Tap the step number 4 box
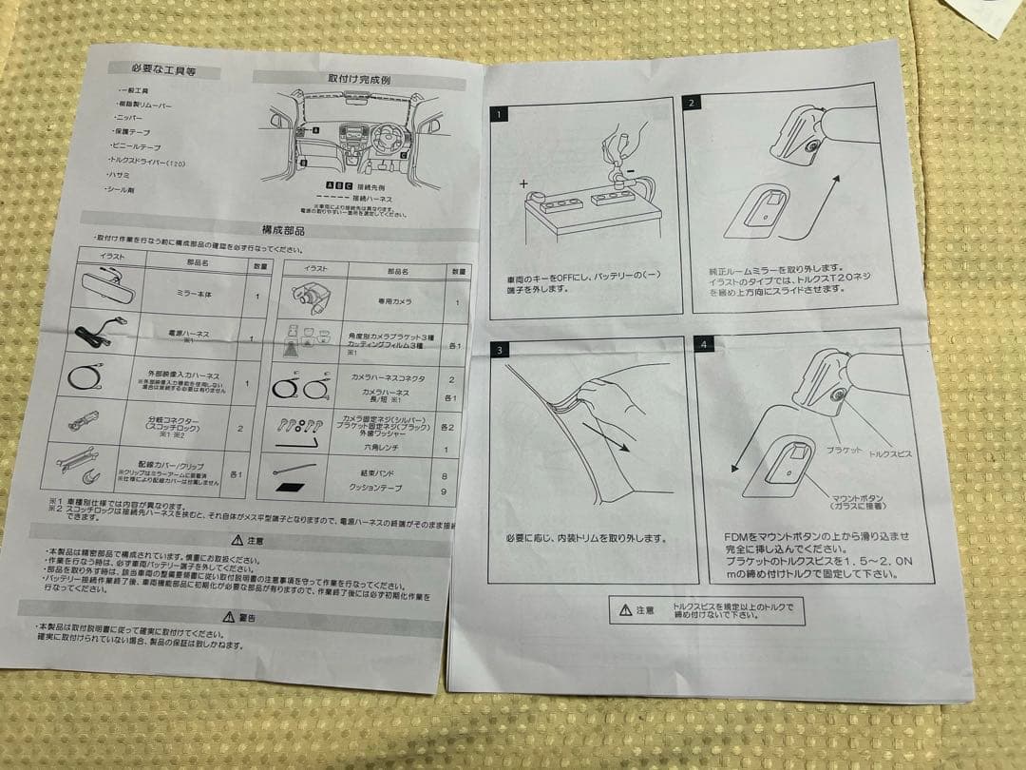click(x=704, y=344)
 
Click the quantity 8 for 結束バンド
click(x=445, y=473)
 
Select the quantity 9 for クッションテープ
click(x=445, y=491)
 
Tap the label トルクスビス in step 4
click(x=890, y=454)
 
